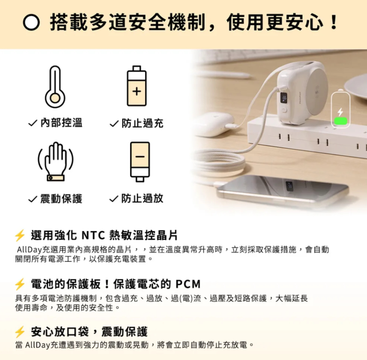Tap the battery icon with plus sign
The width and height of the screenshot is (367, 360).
tap(136, 86)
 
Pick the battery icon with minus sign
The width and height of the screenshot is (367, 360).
tap(140, 161)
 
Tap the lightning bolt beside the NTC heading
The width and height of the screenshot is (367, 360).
tap(19, 236)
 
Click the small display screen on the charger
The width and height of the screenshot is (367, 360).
tap(284, 98)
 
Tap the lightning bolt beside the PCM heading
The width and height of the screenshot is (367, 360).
tap(19, 284)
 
